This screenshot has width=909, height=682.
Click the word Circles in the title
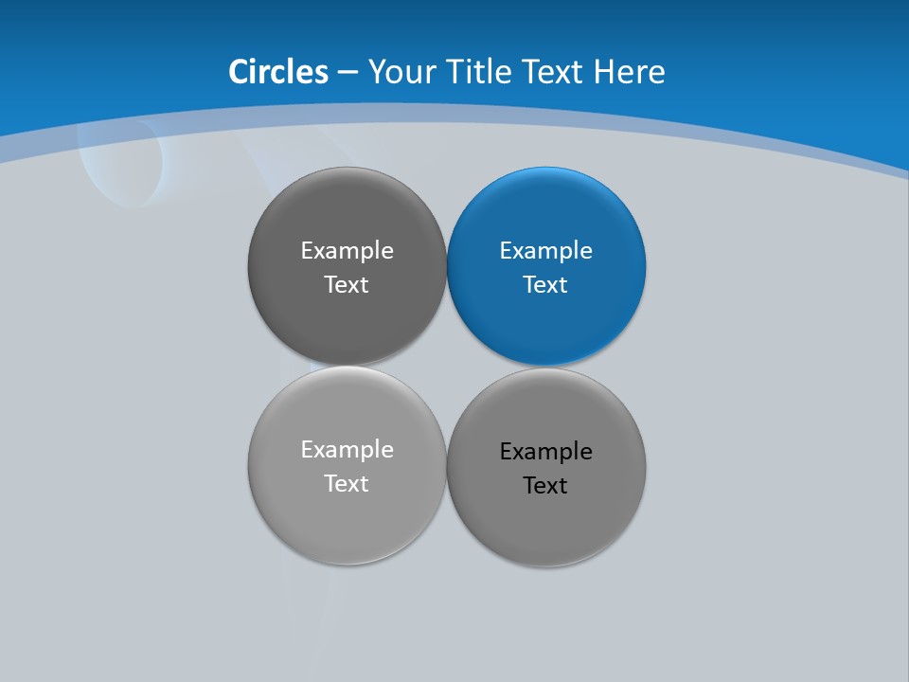(278, 72)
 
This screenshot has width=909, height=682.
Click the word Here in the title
(630, 72)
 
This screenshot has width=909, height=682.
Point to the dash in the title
(348, 73)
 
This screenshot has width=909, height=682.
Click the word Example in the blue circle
(546, 251)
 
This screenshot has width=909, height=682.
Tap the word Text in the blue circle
(546, 285)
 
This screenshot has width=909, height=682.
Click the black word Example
(546, 452)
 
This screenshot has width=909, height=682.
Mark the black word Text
(546, 486)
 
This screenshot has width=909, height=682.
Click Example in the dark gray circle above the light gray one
(348, 251)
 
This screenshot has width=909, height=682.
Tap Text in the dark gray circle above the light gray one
(348, 285)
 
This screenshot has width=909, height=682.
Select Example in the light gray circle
(348, 450)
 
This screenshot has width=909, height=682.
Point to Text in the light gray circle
(348, 484)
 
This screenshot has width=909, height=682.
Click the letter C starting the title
(239, 72)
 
